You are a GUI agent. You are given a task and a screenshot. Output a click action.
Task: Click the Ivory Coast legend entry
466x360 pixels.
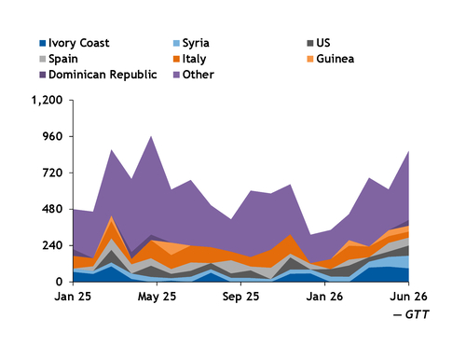tap(75, 43)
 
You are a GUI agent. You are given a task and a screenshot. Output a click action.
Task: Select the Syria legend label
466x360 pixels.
tap(191, 43)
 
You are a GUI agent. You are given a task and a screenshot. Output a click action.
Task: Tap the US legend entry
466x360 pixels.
tap(319, 43)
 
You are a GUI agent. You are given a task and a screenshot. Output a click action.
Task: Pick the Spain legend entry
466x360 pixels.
tap(59, 59)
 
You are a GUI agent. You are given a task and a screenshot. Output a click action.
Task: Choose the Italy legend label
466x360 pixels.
tap(189, 59)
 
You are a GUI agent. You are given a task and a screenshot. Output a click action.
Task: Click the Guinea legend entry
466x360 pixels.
tap(331, 59)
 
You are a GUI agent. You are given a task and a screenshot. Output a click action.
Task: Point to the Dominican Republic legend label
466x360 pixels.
tap(98, 75)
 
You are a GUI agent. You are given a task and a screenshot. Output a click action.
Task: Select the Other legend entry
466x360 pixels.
tap(194, 75)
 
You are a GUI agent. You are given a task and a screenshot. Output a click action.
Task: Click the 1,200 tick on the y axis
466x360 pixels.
tap(48, 100)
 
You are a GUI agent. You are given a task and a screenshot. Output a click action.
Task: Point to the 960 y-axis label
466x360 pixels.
tap(53, 136)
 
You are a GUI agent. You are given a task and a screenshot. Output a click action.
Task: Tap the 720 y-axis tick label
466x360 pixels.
tap(53, 173)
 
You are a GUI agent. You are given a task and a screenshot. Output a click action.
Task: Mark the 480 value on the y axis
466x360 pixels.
tap(53, 209)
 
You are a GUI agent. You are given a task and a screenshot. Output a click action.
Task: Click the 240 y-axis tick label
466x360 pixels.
tap(53, 245)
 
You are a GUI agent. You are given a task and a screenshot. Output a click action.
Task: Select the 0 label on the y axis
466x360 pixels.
tap(60, 282)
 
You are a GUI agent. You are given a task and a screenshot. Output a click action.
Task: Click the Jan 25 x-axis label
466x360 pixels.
tap(73, 297)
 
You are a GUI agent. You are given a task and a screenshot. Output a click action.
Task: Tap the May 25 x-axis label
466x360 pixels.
tap(157, 297)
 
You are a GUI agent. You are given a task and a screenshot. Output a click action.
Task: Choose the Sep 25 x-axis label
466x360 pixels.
tap(240, 297)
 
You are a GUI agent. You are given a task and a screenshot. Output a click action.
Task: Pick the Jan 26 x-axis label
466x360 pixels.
tap(324, 297)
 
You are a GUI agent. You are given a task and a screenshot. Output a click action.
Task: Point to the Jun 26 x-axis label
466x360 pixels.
tap(408, 297)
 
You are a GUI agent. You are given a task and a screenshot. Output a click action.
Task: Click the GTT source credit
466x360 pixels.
tap(411, 314)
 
